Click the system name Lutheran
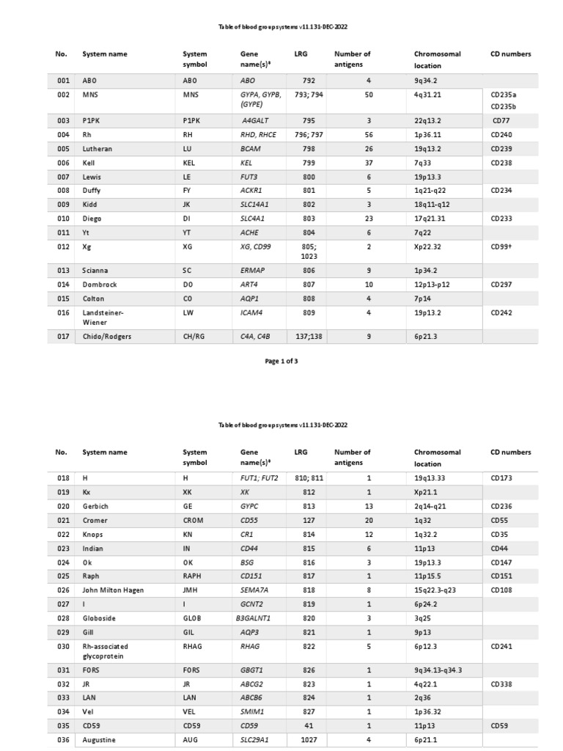[x=97, y=149]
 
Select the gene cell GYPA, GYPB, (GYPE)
[x=260, y=100]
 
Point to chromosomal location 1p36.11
[x=430, y=135]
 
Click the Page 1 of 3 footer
[x=281, y=362]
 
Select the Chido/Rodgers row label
[x=107, y=337]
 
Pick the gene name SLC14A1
[x=257, y=205]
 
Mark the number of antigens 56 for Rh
[x=369, y=135]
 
